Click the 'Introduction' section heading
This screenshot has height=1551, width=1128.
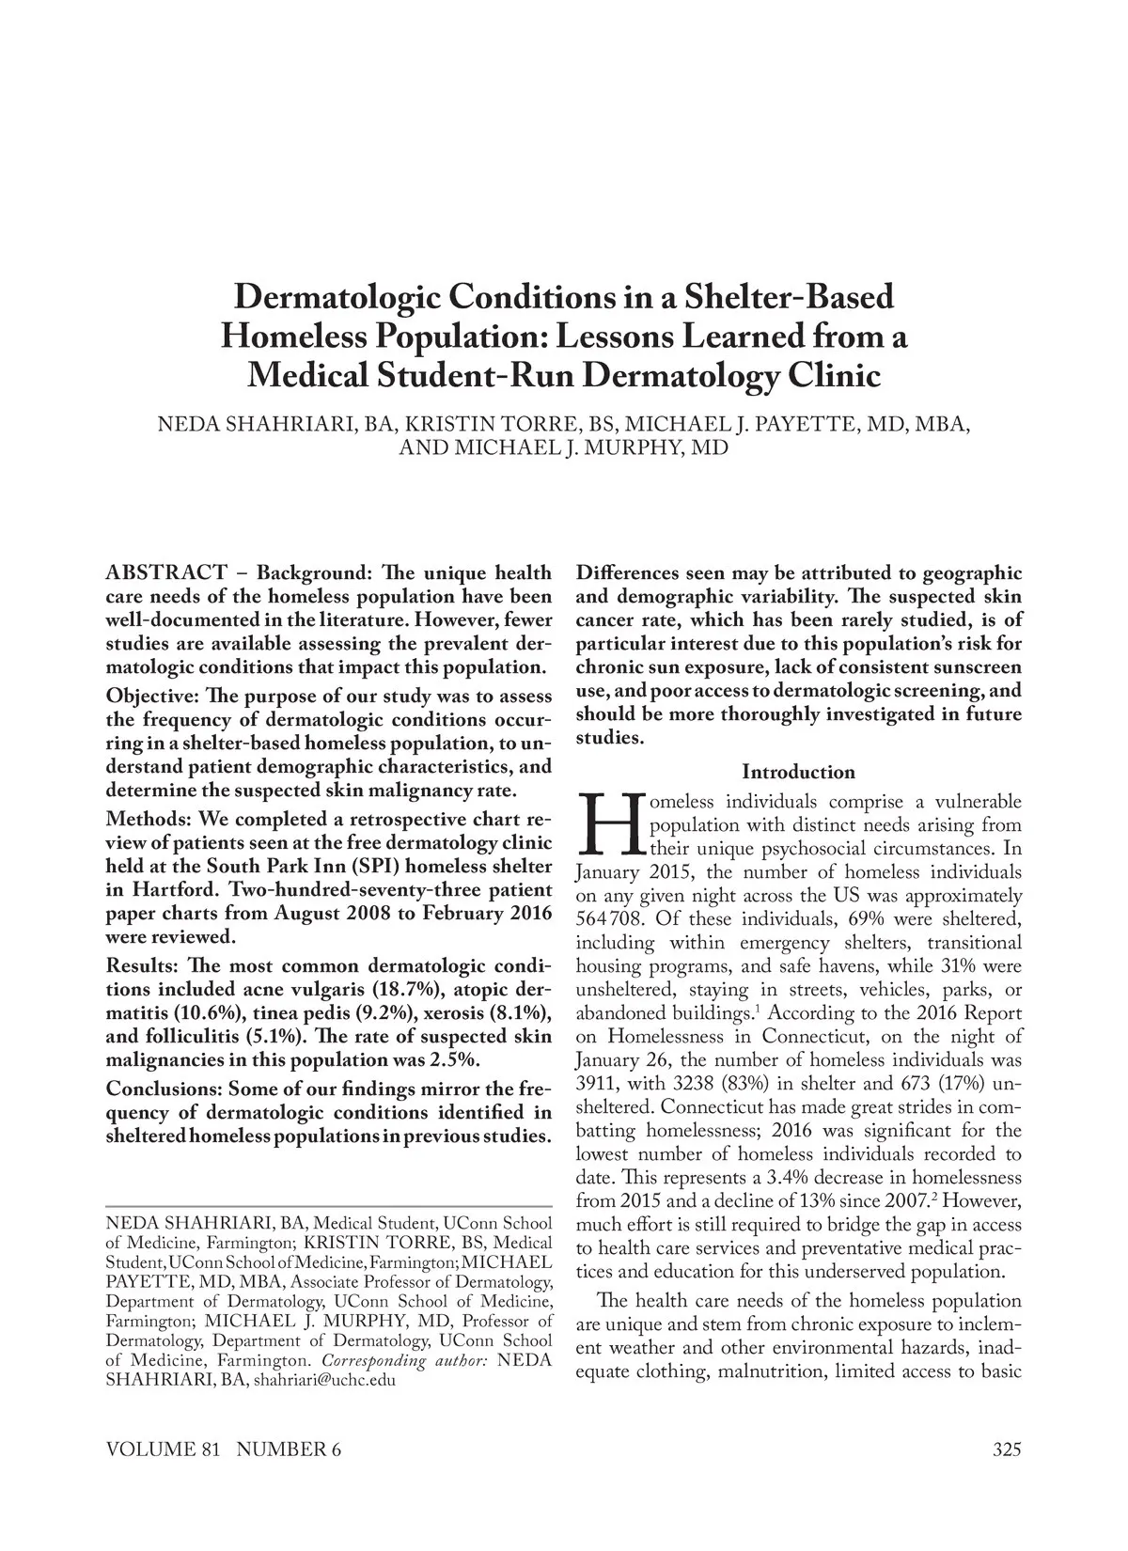[798, 772]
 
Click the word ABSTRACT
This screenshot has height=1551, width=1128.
[166, 572]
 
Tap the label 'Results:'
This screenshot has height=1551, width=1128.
[144, 966]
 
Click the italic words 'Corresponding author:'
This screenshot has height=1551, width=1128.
[404, 1361]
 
